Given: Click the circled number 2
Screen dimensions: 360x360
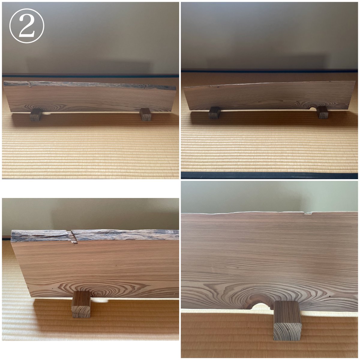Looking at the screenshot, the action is tap(27, 26).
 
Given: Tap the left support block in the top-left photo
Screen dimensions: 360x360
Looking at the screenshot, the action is tap(36, 115).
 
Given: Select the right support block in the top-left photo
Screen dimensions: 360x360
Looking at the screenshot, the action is tap(145, 114).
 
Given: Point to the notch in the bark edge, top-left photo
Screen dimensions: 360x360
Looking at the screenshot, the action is tap(29, 84).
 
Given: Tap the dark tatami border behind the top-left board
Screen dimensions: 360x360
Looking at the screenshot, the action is tap(90, 76).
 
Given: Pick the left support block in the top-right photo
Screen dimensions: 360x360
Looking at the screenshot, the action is tap(214, 113).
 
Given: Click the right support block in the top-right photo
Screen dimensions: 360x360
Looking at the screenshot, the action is tap(322, 112).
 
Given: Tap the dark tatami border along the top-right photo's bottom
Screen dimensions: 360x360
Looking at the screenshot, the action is tap(269, 175).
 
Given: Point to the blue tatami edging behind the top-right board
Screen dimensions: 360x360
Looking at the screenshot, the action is tap(269, 71).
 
